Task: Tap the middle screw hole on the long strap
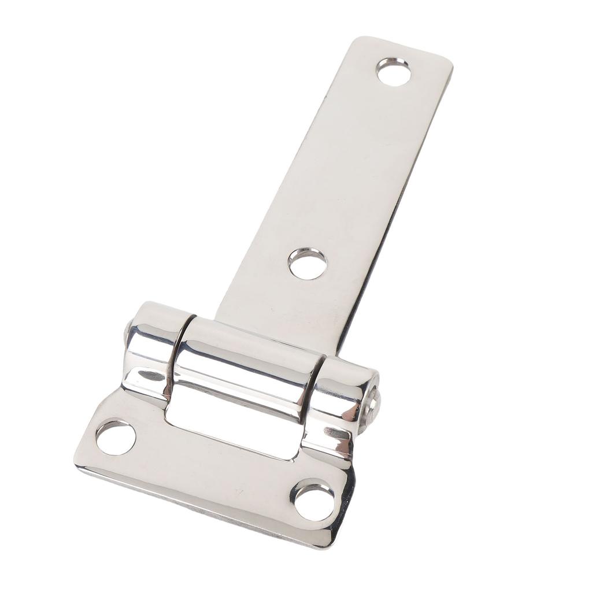(308, 264)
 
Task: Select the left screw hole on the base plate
(116, 438)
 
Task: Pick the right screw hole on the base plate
(314, 501)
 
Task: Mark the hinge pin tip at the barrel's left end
(127, 331)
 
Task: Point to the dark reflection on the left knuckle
(151, 376)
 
